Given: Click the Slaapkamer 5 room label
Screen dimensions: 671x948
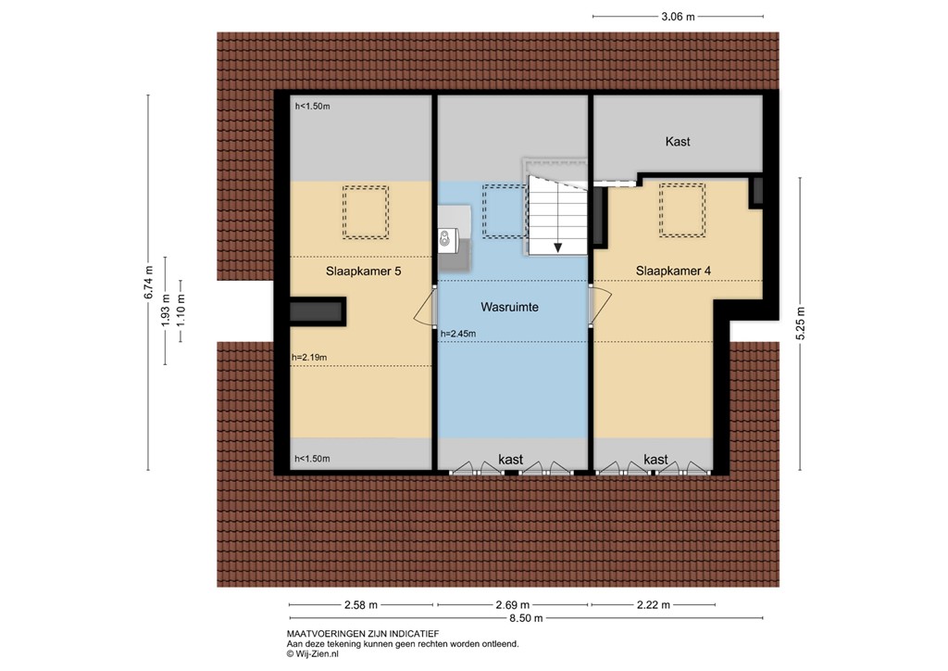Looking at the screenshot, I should [x=364, y=272].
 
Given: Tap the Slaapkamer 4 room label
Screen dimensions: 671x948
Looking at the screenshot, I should [x=673, y=271].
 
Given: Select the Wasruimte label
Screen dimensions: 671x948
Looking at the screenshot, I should [x=509, y=306].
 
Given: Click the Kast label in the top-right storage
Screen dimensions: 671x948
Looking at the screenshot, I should [x=678, y=142].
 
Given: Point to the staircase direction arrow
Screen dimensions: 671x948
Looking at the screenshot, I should [x=558, y=246].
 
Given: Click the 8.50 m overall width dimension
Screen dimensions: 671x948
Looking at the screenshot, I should [x=525, y=618].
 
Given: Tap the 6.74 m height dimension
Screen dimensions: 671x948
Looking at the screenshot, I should [x=147, y=283].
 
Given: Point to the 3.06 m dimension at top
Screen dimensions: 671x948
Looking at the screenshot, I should [x=678, y=16].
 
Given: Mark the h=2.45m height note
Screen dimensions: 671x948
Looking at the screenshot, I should [x=458, y=334].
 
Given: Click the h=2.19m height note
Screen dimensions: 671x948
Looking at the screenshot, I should [x=309, y=358].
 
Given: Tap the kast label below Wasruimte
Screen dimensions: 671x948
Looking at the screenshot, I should [x=511, y=460].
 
